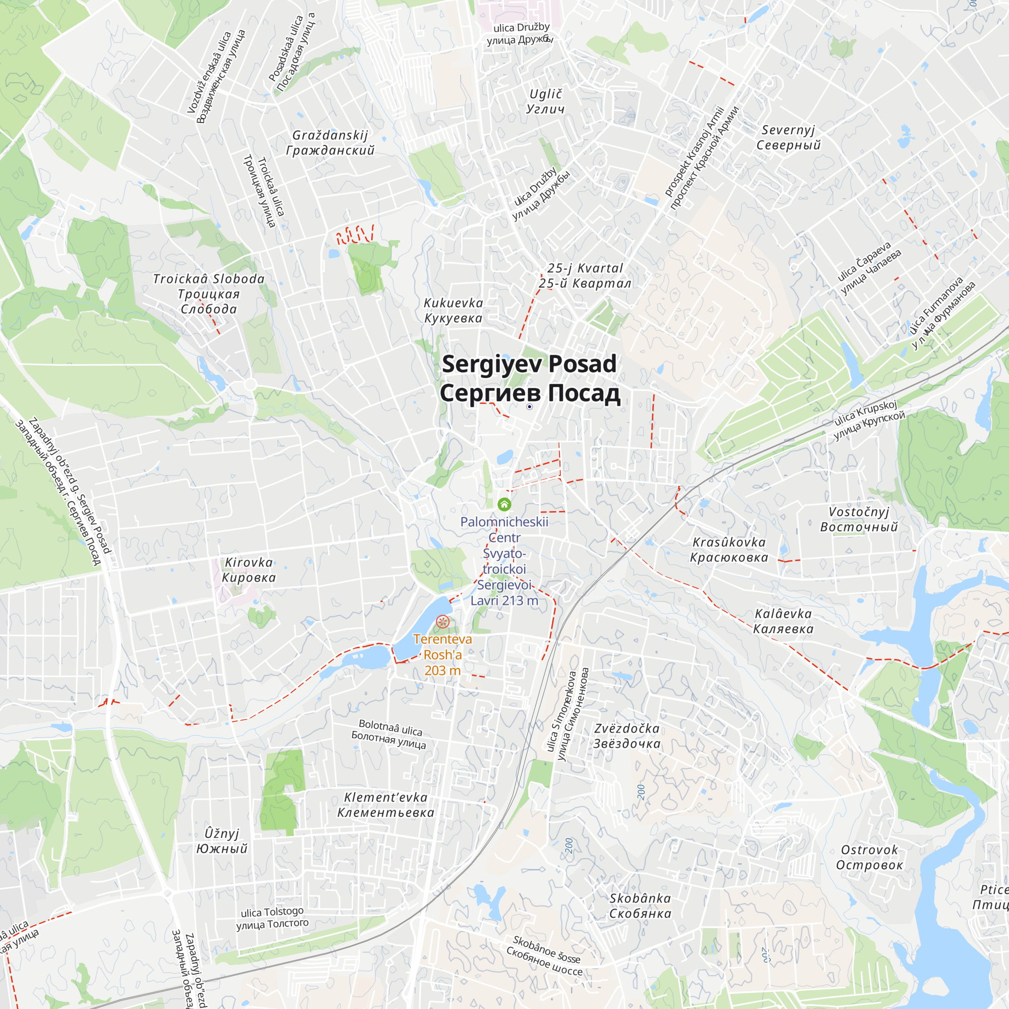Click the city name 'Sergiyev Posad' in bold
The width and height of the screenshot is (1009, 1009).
point(529,364)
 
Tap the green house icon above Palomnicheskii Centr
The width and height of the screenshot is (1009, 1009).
point(504,504)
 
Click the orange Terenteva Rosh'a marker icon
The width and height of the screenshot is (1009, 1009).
point(442,622)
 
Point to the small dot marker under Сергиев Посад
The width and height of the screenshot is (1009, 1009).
point(529,406)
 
